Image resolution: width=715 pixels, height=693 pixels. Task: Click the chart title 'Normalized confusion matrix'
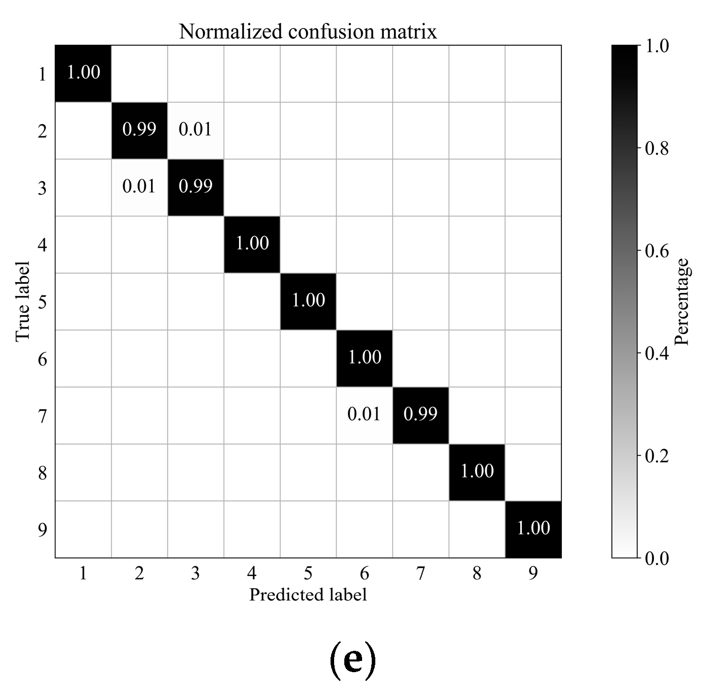[308, 32]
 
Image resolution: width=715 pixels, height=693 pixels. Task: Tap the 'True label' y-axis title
[22, 302]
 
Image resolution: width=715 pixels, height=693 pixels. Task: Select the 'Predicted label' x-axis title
[308, 594]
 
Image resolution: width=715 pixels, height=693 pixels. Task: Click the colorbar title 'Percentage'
[681, 302]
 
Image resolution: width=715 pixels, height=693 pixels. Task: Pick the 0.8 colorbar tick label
[656, 148]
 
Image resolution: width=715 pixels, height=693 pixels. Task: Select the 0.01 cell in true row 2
[195, 130]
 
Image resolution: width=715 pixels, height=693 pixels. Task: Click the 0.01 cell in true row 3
[139, 187]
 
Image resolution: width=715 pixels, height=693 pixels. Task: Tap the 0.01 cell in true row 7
[364, 414]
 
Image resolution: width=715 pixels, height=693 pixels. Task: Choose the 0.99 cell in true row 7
[421, 414]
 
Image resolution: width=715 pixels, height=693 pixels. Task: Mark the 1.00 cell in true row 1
[83, 73]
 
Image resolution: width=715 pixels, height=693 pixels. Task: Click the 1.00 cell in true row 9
[533, 528]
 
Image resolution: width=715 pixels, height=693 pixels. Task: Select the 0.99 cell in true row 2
[139, 130]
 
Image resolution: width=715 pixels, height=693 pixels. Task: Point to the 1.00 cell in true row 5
[308, 300]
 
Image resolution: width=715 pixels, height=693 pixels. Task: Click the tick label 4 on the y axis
[42, 246]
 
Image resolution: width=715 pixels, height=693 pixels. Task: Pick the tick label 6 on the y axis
[42, 359]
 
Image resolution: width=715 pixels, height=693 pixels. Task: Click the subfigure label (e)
[353, 660]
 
